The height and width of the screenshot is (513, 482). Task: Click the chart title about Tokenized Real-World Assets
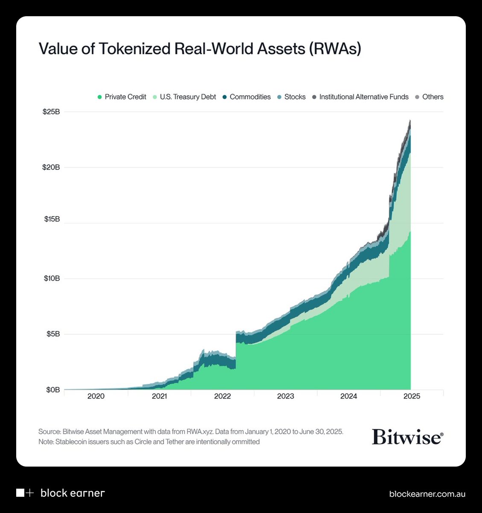200,49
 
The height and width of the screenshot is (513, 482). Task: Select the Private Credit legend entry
122,97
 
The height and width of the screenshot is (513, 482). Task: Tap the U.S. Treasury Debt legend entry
184,97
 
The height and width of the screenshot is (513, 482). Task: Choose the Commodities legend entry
246,97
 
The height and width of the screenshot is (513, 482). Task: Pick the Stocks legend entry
291,97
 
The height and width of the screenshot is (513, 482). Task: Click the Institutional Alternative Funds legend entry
360,97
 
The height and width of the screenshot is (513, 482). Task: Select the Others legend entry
429,97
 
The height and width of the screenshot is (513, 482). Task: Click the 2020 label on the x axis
96,396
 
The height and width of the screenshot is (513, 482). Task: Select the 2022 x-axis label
222,396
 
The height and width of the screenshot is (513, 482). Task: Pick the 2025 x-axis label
412,396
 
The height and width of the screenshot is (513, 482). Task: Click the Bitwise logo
407,437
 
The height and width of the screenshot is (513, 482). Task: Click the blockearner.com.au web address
427,494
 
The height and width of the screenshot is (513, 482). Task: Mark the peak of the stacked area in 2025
410,121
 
